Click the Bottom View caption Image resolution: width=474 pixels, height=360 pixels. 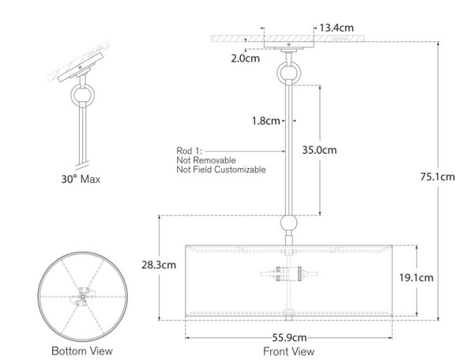click(x=81, y=351)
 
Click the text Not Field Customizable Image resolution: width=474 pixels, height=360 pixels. click(x=220, y=170)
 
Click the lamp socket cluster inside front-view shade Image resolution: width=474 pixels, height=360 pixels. click(x=289, y=276)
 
